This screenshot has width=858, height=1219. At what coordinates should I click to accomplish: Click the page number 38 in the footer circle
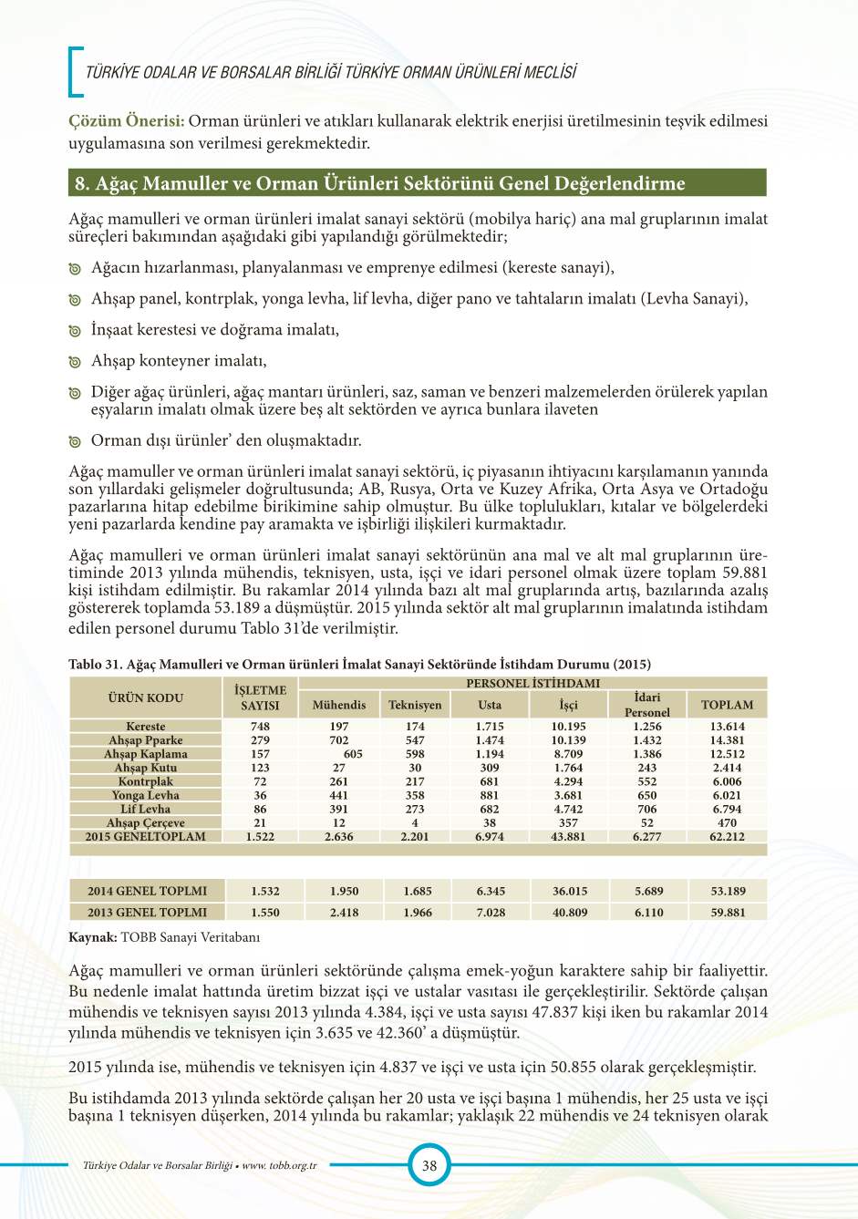[429, 1165]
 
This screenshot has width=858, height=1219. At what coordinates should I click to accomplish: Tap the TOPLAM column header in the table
[727, 705]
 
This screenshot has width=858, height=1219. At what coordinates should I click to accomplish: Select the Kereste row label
[146, 727]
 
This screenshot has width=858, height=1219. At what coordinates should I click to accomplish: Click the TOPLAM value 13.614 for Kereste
[727, 727]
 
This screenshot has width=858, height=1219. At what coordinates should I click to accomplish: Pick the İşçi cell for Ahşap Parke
[568, 740]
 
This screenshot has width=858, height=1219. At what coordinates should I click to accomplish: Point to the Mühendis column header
[339, 705]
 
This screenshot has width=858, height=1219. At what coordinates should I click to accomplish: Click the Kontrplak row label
[146, 781]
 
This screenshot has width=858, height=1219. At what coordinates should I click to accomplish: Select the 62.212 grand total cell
[727, 836]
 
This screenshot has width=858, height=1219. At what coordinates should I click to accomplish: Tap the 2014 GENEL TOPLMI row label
[147, 891]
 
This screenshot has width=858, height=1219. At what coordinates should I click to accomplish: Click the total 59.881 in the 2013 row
[728, 912]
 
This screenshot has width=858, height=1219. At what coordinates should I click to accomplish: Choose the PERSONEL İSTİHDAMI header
[532, 683]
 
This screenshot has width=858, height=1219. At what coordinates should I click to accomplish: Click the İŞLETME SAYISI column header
[260, 697]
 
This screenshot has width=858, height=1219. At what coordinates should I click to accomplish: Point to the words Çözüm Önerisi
[127, 121]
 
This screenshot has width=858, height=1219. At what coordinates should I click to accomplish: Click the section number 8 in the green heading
[80, 183]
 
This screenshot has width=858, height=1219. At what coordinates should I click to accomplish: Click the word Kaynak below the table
[92, 936]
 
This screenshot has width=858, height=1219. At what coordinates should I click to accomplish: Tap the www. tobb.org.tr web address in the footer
[279, 1165]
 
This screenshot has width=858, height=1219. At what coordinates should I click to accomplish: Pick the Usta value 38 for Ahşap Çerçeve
[490, 822]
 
